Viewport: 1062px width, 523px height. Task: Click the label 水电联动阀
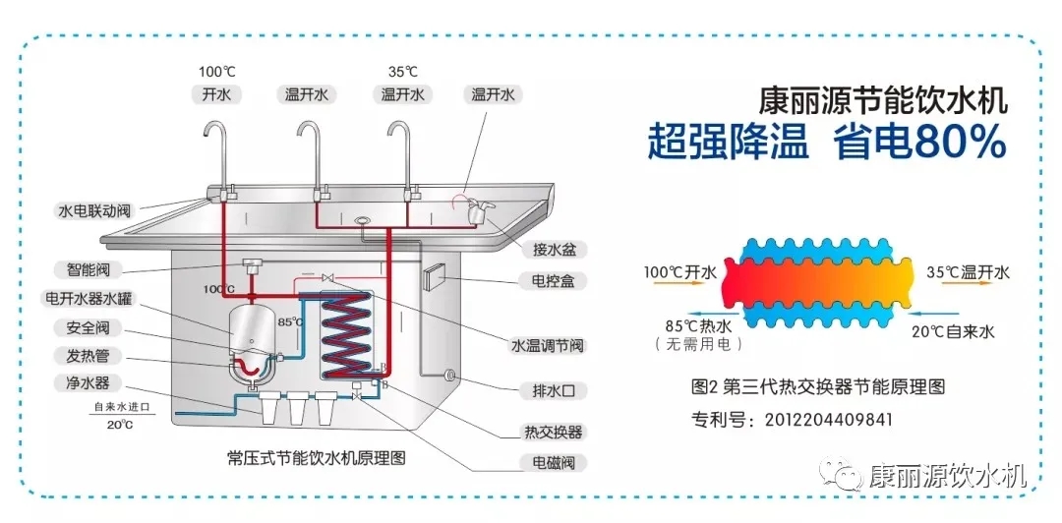94,210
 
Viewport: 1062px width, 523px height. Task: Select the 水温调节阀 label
548,345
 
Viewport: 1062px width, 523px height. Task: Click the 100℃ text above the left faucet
217,72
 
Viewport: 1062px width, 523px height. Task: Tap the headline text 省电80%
919,144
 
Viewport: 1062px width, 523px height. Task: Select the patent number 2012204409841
829,420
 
